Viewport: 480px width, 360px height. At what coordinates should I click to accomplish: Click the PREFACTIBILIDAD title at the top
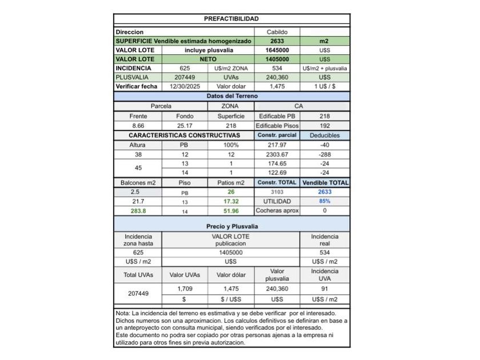pyautogui.click(x=231, y=19)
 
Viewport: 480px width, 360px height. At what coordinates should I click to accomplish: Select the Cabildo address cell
pyautogui.click(x=277, y=32)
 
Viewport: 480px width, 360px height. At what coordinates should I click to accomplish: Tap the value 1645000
pyautogui.click(x=277, y=50)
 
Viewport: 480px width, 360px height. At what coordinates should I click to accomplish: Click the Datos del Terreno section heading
pyautogui.click(x=231, y=97)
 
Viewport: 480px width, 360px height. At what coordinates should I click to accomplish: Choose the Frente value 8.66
pyautogui.click(x=138, y=125)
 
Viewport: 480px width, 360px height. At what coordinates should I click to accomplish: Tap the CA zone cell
pyautogui.click(x=299, y=106)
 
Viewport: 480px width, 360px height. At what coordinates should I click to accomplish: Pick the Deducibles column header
pyautogui.click(x=325, y=135)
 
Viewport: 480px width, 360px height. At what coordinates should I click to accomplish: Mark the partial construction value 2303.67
pyautogui.click(x=277, y=154)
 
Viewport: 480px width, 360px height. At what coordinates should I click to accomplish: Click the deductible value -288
pyautogui.click(x=325, y=154)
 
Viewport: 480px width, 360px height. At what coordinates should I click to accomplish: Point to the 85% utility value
pyautogui.click(x=325, y=201)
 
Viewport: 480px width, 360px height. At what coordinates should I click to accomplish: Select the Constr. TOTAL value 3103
pyautogui.click(x=277, y=192)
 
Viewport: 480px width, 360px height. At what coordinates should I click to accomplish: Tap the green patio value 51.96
pyautogui.click(x=231, y=211)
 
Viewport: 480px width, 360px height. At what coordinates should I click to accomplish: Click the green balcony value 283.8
pyautogui.click(x=138, y=211)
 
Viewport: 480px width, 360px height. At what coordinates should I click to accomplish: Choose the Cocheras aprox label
pyautogui.click(x=277, y=211)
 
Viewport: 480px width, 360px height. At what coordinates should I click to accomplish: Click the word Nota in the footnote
pyautogui.click(x=122, y=313)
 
